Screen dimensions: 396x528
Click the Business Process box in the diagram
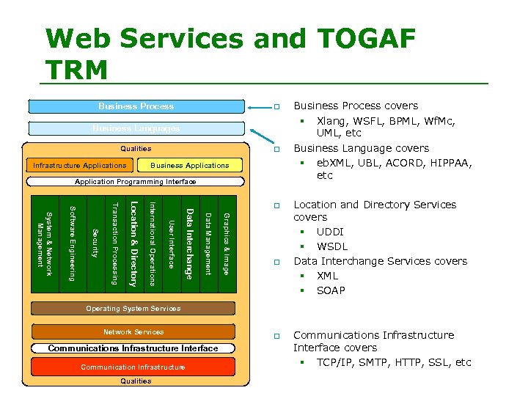point(136,106)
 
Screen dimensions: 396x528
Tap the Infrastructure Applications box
point(79,165)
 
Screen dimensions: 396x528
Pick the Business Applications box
point(189,165)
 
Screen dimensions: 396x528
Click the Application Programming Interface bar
point(136,181)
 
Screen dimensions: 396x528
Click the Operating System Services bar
point(133,309)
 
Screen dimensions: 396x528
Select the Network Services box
point(133,331)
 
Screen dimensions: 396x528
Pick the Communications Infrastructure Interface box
point(133,348)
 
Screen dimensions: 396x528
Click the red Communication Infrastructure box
point(133,367)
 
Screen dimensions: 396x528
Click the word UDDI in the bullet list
point(331,232)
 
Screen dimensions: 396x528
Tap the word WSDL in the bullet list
point(332,246)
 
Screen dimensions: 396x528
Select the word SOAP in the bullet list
point(331,290)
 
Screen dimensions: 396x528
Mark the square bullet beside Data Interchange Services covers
point(277,262)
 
